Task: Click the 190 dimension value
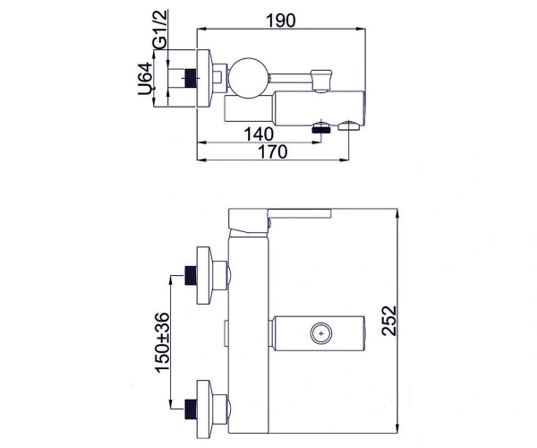(x=280, y=21)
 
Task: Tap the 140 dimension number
(x=259, y=134)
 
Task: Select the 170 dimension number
(x=272, y=151)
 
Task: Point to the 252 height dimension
(x=389, y=321)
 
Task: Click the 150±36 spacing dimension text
(x=162, y=342)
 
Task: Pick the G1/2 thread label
(x=160, y=30)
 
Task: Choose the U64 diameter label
(x=145, y=79)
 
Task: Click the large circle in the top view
(x=249, y=78)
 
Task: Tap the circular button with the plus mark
(x=321, y=333)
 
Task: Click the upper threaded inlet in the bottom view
(x=191, y=275)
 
